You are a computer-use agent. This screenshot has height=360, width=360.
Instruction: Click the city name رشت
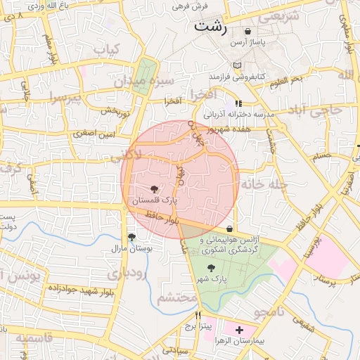[x=211, y=27]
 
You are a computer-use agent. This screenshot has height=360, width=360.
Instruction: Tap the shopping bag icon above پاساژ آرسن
[x=247, y=32]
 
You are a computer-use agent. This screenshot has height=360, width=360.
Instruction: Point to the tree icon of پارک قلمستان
[x=155, y=188]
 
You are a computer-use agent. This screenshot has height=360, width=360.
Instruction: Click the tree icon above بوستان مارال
[x=131, y=237]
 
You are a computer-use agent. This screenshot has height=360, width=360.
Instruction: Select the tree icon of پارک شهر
[x=211, y=268]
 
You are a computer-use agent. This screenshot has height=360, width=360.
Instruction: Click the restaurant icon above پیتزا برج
[x=199, y=315]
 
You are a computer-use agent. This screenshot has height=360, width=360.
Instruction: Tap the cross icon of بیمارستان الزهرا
[x=239, y=329]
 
